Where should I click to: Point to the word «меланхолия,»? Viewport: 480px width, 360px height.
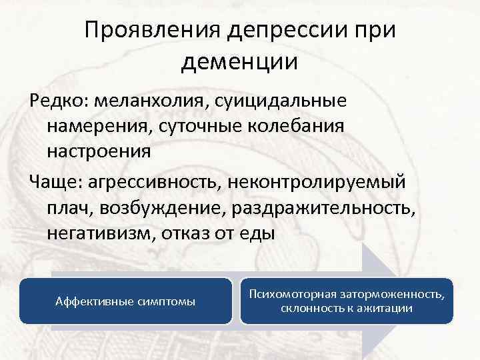[x=151, y=102]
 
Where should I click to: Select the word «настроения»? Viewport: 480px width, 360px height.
[x=99, y=151]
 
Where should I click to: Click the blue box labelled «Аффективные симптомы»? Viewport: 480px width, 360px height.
[x=125, y=301]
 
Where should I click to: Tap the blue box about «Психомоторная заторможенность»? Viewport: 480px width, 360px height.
[x=346, y=301]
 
